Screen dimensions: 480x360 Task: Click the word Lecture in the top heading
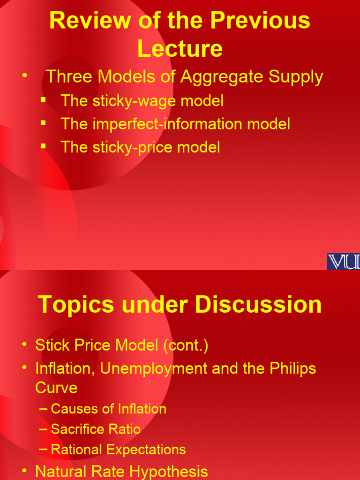[x=180, y=48]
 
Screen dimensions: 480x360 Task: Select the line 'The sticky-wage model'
[x=142, y=100]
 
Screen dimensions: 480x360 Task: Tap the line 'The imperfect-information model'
[x=175, y=124]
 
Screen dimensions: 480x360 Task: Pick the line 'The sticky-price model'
[x=140, y=147]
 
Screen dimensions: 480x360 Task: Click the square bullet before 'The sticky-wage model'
[x=44, y=99]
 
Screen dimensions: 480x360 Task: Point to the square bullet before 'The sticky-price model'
[x=44, y=146]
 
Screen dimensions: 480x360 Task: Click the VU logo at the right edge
[x=343, y=261]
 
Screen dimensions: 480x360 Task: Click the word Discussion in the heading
[x=259, y=305]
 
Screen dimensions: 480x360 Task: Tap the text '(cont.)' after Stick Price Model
[x=185, y=346]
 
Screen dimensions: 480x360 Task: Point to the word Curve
[x=56, y=388]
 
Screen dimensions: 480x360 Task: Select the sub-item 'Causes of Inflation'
[x=108, y=409]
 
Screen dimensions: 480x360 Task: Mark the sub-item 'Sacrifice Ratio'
[x=96, y=429]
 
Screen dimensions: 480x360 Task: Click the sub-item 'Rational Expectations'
[x=118, y=450]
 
